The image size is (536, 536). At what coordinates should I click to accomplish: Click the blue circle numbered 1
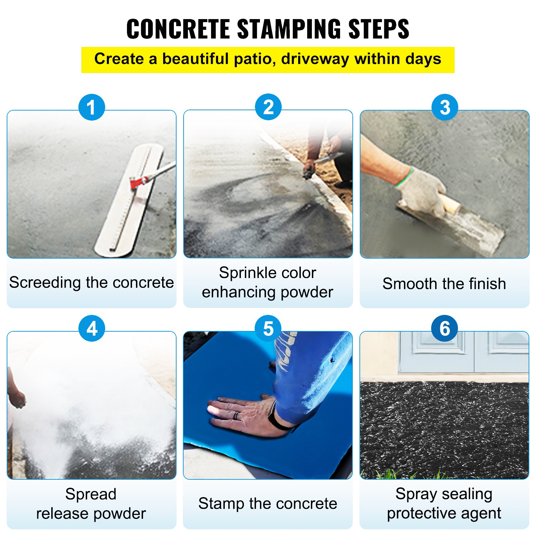[91, 107]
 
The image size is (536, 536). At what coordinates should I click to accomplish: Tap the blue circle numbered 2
[268, 107]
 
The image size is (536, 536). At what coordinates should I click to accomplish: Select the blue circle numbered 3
[445, 107]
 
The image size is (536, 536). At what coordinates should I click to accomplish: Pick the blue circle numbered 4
[91, 328]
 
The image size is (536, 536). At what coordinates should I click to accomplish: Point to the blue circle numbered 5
[268, 328]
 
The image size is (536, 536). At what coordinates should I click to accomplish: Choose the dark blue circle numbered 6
[445, 328]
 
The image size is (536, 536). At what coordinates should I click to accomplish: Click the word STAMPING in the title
[290, 29]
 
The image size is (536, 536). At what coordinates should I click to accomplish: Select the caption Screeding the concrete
[91, 282]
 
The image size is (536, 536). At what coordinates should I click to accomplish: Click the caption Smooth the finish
[444, 284]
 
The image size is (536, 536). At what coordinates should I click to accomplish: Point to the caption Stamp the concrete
[268, 504]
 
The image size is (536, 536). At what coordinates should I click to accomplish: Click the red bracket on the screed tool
[138, 183]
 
